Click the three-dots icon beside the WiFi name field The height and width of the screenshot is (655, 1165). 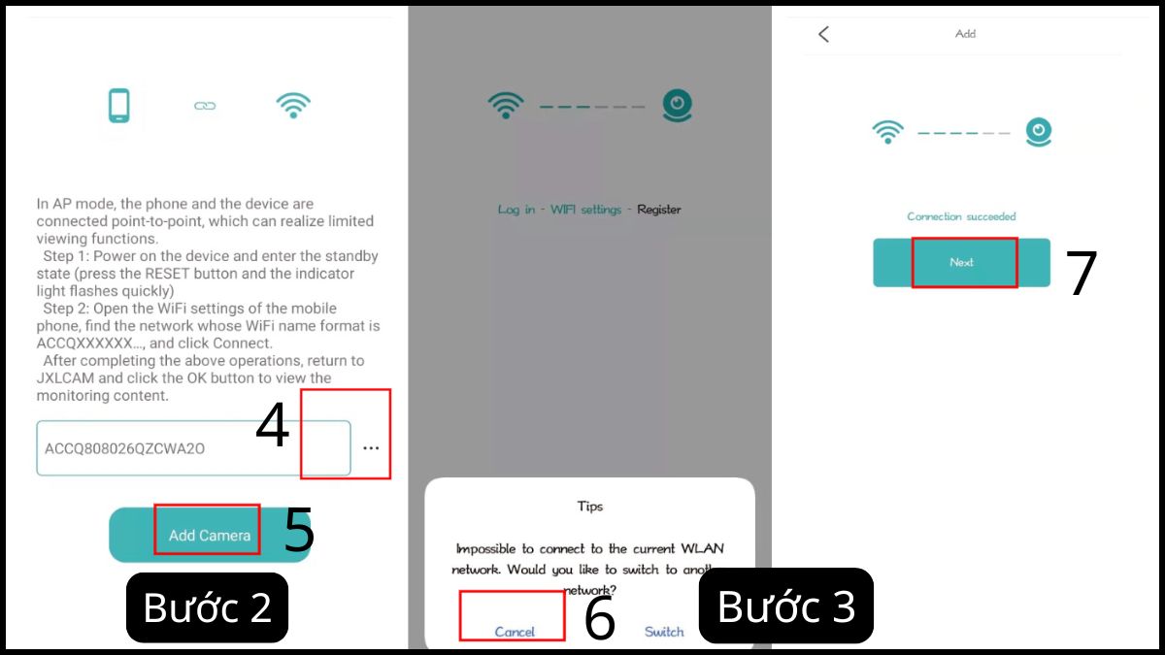click(371, 448)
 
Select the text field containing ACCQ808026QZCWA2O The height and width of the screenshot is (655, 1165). click(192, 448)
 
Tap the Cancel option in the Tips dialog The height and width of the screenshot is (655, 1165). click(515, 632)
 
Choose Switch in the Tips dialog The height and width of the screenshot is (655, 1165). click(664, 632)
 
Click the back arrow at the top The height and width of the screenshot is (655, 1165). click(823, 34)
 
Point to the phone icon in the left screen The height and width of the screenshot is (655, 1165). click(118, 106)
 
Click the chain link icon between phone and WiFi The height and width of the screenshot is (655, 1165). click(205, 106)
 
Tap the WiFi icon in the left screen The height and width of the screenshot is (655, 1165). click(293, 106)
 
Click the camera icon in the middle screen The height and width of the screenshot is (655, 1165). click(677, 105)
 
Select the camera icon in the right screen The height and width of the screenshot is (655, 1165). click(1039, 131)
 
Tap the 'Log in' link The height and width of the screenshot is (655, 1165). click(516, 210)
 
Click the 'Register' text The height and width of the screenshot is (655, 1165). click(659, 210)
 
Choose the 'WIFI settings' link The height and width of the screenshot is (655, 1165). click(585, 210)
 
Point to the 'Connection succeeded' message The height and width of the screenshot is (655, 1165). click(961, 216)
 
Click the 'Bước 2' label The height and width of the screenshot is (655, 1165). click(207, 607)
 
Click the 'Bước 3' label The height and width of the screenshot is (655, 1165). click(785, 606)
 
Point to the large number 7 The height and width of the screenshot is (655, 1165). click(1082, 274)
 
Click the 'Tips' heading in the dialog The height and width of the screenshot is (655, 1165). click(589, 507)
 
